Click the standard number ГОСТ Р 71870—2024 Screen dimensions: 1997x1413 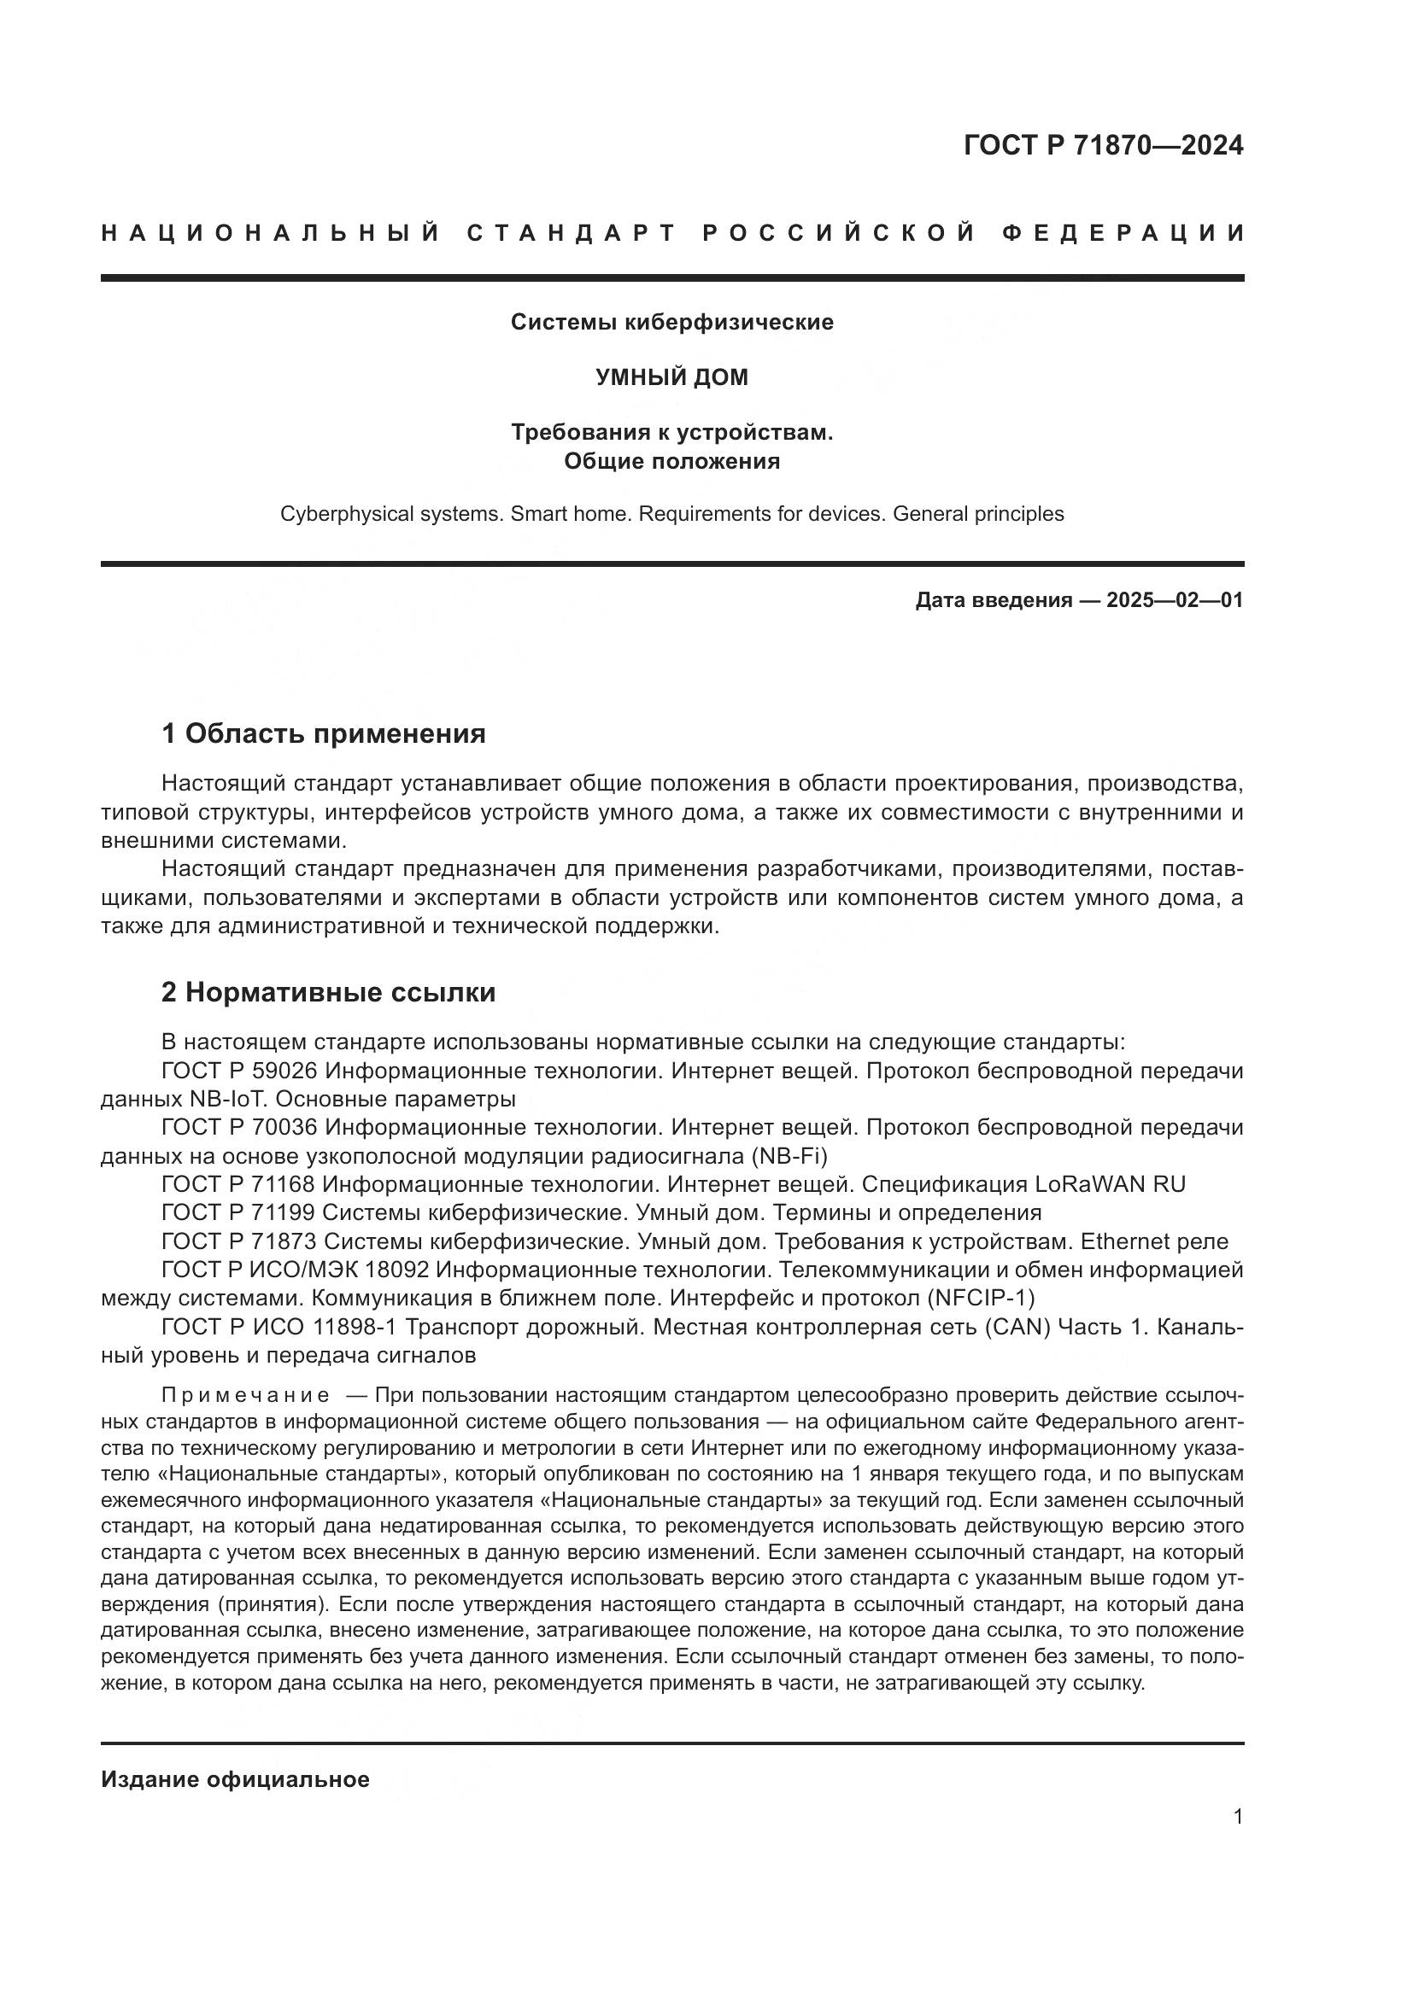pos(1102,145)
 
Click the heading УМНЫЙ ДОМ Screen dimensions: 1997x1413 pos(671,377)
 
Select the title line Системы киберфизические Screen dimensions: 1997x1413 pos(671,323)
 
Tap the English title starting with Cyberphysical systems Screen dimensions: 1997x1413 pos(671,514)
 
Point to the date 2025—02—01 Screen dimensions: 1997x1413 pos(1174,600)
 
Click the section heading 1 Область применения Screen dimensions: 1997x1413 pos(324,734)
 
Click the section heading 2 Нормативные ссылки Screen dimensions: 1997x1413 pos(329,992)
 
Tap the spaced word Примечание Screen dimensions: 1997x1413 pos(245,1396)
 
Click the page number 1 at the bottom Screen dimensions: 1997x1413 pos(1238,1817)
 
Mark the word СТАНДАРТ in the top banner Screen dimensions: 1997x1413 pos(572,234)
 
